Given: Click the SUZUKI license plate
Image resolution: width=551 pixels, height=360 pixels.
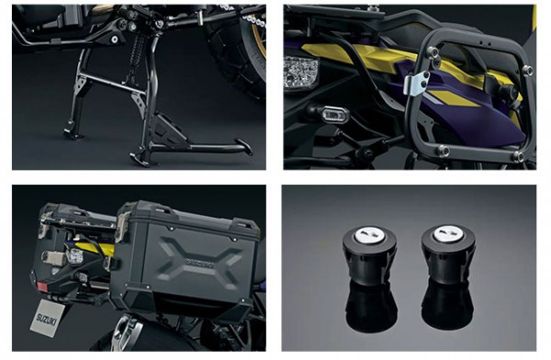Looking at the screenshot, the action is click(48, 318).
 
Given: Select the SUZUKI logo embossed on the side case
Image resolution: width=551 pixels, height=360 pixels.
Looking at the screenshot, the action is click(199, 264).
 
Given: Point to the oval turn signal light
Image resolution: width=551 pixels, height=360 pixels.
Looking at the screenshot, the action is click(334, 114).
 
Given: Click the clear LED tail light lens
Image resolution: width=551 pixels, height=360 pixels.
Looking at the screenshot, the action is click(301, 72).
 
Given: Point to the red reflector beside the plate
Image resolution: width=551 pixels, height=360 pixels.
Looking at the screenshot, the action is click(42, 287).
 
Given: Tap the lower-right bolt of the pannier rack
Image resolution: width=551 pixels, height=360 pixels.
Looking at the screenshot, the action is click(518, 156).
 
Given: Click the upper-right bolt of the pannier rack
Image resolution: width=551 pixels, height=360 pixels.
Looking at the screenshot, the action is click(526, 71).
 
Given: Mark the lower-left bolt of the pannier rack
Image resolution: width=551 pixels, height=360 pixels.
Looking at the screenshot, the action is click(443, 151).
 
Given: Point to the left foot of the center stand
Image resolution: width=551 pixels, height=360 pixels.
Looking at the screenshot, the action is click(73, 133).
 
